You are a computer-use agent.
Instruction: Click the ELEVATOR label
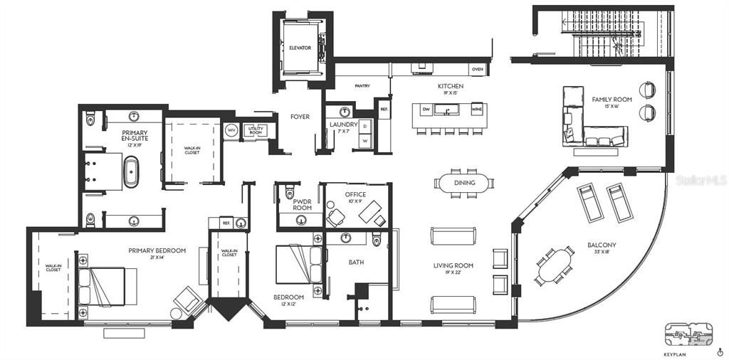pos(300,48)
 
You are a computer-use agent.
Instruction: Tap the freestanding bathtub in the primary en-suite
pos(132,174)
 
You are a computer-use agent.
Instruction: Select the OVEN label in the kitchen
pos(478,69)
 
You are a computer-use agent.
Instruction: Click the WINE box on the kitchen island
pos(476,110)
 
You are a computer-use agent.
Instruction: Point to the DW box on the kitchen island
pos(426,110)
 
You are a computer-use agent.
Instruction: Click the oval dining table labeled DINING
pos(464,183)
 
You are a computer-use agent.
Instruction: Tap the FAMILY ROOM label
pos(611,99)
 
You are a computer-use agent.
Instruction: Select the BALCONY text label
pos(602,245)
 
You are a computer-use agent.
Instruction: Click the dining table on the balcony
pos(555,265)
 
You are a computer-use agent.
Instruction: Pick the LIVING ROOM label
pos(453,265)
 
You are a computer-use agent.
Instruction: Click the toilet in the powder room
pos(289,193)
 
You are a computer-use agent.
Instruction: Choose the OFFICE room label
pos(355,194)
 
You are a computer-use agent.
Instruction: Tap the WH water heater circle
pos(231,131)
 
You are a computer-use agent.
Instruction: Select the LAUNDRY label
pos(343,125)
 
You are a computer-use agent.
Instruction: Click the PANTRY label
pos(362,86)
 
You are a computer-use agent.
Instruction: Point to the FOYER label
pos(300,117)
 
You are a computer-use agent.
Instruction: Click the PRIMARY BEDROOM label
pos(157,250)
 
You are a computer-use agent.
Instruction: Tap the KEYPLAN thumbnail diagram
pos(688,334)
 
